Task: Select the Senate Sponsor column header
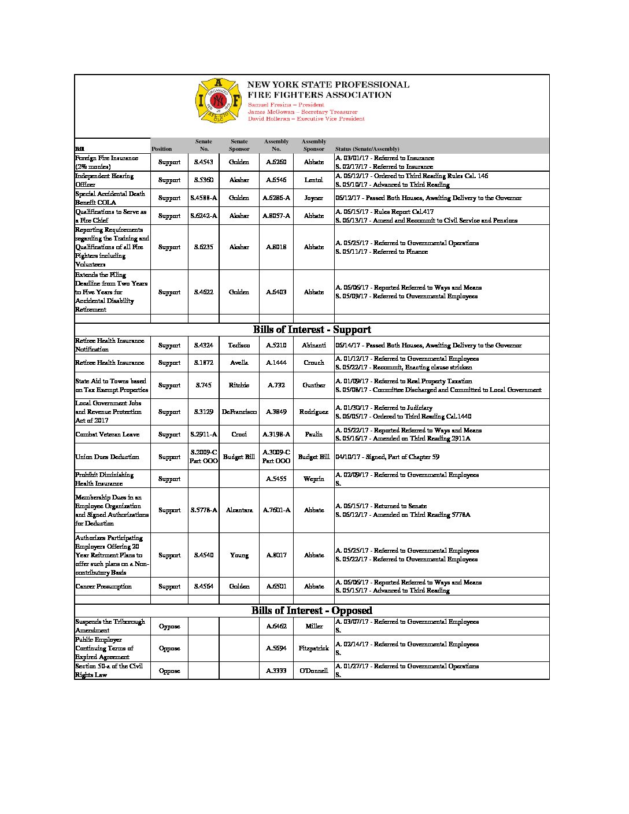pos(239,145)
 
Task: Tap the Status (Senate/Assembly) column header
pos(367,149)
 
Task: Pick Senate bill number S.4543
pos(203,162)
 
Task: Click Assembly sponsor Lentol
pos(313,180)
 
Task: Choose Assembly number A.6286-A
pos(276,198)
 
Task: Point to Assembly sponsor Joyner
pos(313,198)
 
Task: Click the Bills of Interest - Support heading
pos(312,330)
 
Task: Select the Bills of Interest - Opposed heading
pos(312,610)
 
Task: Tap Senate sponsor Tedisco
pos(239,345)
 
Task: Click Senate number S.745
pos(203,385)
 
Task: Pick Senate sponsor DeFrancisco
pos(239,412)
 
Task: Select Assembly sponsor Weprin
pos(313,479)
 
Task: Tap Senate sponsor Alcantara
pos(239,510)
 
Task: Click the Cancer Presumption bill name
pos(103,586)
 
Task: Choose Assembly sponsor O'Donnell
pos(313,671)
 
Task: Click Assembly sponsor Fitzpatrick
pos(313,648)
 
